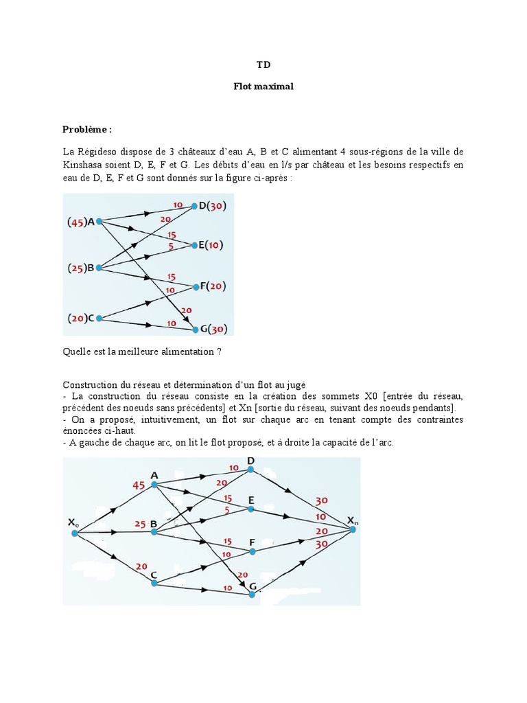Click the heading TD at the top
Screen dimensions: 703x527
[263, 65]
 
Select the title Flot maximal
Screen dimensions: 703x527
[263, 87]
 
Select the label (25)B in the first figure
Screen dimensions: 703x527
[81, 268]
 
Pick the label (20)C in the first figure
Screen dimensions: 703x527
[81, 318]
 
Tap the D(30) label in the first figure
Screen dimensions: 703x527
[213, 205]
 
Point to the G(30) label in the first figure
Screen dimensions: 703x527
[213, 330]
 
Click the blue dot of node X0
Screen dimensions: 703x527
[75, 533]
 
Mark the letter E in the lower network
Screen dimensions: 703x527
[251, 499]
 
